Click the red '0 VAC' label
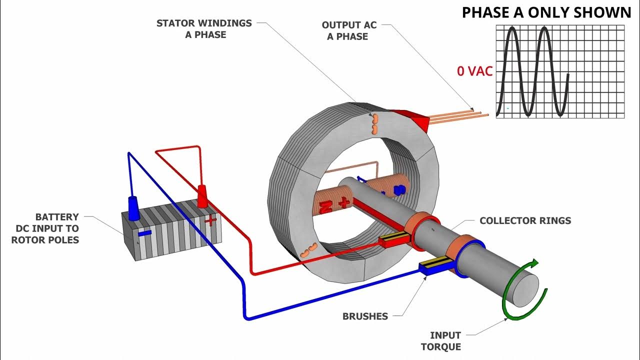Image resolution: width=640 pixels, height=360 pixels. coord(474,71)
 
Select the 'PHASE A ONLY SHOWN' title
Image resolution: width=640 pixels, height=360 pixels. coord(546,12)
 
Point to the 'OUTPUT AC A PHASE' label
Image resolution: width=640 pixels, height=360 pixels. coord(348,30)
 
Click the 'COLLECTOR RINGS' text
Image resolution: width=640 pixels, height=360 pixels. coord(525,220)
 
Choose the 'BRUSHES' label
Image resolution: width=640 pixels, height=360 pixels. coord(365,316)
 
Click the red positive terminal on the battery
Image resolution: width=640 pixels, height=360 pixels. coord(202,196)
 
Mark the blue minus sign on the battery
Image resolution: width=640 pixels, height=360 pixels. coord(144,233)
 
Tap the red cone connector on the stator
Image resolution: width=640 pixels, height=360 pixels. coord(411,119)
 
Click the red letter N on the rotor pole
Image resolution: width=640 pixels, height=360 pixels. coord(326,207)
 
